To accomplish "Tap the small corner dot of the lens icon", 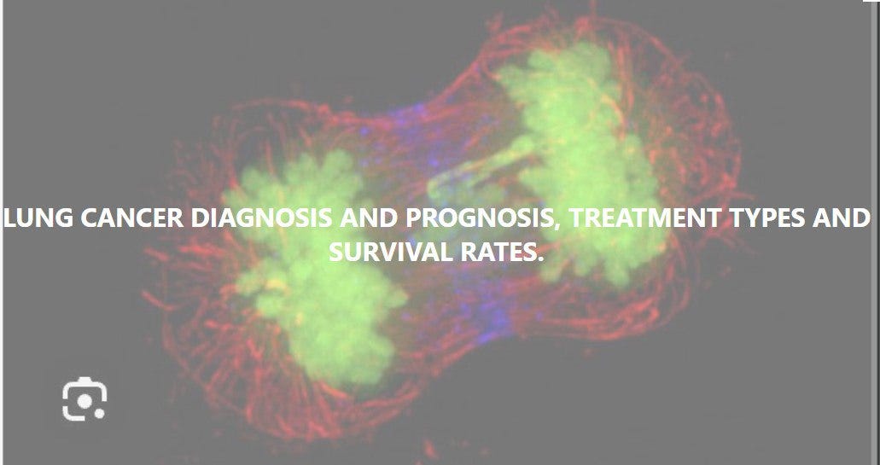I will tap(101, 416).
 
